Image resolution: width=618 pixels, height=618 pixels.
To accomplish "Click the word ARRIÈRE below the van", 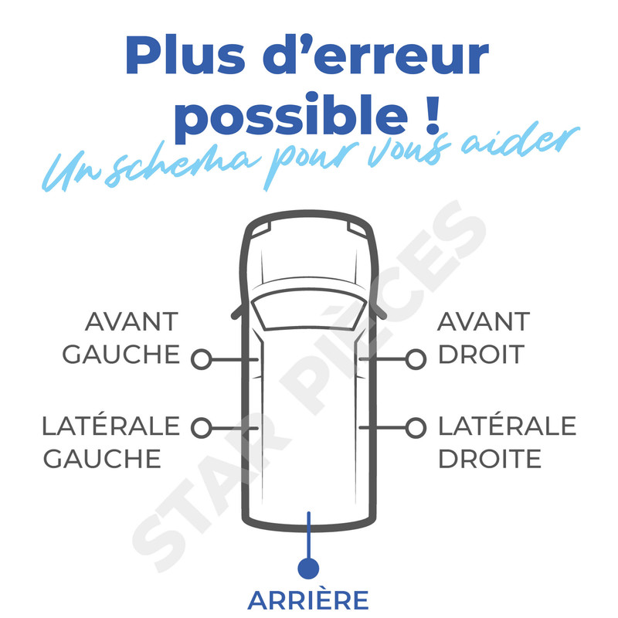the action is point(307,599).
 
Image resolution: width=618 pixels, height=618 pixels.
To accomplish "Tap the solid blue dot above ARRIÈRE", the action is point(308,569).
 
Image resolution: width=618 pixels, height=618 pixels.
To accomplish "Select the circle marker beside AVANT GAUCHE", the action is point(202,359).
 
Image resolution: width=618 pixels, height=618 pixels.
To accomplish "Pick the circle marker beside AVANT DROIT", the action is point(416,359).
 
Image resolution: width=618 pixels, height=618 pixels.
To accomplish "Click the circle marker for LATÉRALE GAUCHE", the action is point(202,428).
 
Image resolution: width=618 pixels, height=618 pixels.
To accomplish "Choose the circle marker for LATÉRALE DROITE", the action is point(416,428).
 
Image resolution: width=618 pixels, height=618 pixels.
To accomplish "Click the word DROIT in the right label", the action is point(481,355).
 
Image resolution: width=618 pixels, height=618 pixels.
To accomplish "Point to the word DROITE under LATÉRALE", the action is point(490,458).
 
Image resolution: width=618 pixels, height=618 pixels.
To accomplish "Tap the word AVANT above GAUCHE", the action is point(131,321).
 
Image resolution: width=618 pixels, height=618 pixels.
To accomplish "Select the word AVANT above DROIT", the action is point(484,321).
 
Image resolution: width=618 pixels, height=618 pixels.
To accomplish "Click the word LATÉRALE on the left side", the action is point(110,426).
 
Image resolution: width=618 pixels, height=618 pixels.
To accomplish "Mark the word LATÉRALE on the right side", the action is point(508,426).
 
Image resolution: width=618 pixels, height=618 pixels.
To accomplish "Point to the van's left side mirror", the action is point(236,311).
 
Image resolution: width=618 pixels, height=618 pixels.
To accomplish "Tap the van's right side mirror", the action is point(380,311).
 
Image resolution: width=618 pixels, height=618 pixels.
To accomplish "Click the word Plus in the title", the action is point(185,55).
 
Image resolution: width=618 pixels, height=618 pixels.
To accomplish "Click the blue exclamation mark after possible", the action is point(433,114).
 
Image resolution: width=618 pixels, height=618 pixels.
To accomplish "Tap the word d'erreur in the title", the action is point(376,54).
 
